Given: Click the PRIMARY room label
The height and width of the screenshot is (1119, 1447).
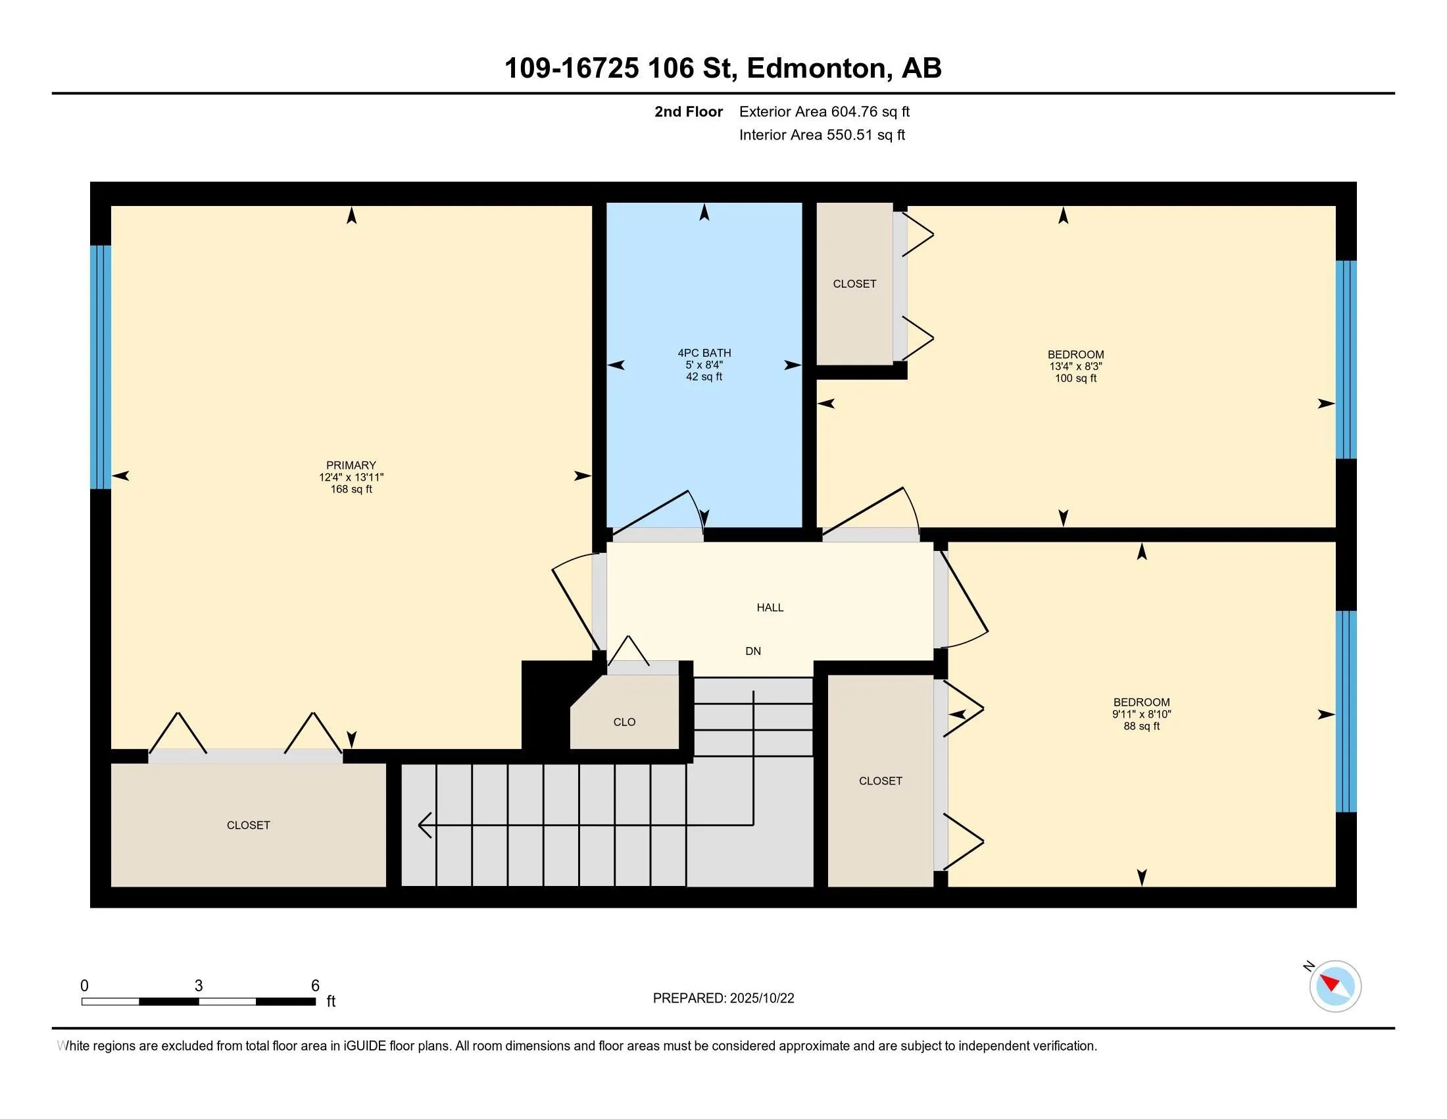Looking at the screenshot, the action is pos(351,465).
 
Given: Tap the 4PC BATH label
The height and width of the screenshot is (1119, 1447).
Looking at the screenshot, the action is pos(704,353).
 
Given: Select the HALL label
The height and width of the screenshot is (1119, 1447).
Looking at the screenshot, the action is pos(770,608).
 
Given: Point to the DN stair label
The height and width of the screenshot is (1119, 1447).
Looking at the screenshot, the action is pos(753,651).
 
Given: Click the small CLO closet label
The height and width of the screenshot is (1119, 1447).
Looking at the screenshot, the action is pos(624,722).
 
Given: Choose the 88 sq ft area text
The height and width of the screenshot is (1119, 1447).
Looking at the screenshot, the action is pos(1142,726).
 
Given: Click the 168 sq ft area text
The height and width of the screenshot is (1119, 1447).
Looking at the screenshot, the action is pos(351,489).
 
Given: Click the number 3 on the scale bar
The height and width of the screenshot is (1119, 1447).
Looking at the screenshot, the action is pos(199,986).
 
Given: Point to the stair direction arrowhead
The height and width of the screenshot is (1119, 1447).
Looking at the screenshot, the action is pos(426,825).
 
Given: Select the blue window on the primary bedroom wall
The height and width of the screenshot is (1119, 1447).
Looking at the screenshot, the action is pos(101,367).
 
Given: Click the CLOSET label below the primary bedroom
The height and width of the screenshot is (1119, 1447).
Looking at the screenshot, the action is pos(249,825).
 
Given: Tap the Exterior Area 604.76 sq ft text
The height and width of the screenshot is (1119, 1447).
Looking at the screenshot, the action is pos(824,112).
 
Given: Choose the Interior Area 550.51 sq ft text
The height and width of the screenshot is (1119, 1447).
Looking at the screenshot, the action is pos(822,135).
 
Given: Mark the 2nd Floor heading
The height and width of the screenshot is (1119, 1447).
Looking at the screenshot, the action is pos(689,112).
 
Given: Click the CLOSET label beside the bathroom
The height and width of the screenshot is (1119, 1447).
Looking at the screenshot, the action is pos(854,284).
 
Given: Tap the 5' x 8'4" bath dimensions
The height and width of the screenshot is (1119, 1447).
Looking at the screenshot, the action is pos(704,365).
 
